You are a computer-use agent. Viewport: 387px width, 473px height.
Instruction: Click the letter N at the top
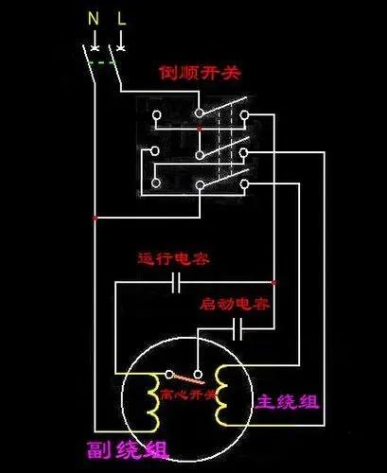93,18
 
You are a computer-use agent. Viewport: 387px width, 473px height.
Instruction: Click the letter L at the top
120,18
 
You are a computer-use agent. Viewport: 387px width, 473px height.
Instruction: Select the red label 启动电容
235,305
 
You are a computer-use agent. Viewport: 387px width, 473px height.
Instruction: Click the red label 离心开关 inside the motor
189,393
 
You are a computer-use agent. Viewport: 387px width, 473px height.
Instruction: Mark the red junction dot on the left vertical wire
95,218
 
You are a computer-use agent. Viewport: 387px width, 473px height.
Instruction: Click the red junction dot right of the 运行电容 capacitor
273,282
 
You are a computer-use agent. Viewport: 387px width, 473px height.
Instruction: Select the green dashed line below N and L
103,62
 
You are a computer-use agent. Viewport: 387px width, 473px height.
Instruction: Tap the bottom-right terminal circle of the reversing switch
244,183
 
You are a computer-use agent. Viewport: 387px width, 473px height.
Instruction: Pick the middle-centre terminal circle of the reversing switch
200,151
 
